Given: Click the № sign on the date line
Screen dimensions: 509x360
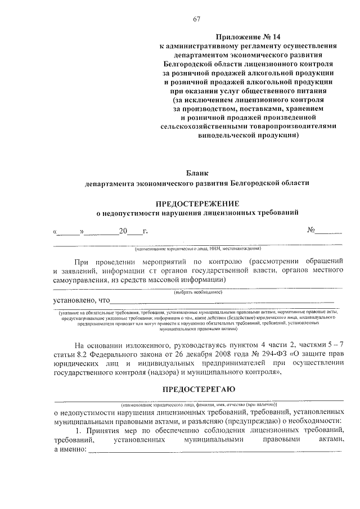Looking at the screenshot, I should coord(311,230).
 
